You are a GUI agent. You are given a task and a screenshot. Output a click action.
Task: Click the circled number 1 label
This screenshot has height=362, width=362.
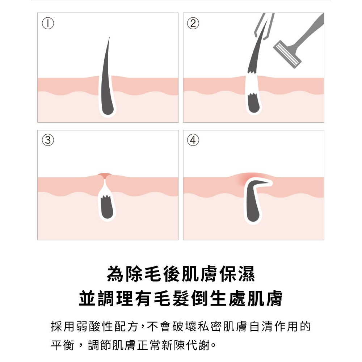click(48, 23)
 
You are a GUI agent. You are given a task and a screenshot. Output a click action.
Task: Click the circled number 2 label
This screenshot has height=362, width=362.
click(193, 23)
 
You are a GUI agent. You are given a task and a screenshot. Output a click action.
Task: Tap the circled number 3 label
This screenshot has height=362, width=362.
click(48, 140)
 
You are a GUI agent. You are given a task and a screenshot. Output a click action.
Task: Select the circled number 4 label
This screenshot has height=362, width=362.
click(193, 140)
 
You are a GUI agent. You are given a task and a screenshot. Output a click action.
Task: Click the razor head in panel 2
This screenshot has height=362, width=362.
click(287, 54)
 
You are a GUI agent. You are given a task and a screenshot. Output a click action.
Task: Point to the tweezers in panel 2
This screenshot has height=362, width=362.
click(265, 26)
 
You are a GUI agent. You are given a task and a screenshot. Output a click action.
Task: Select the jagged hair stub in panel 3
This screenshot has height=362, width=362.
click(107, 207)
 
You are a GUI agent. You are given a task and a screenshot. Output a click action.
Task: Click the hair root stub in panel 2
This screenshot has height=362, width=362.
click(253, 102)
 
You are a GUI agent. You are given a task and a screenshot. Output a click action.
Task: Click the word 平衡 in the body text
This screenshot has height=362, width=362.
click(62, 345)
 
